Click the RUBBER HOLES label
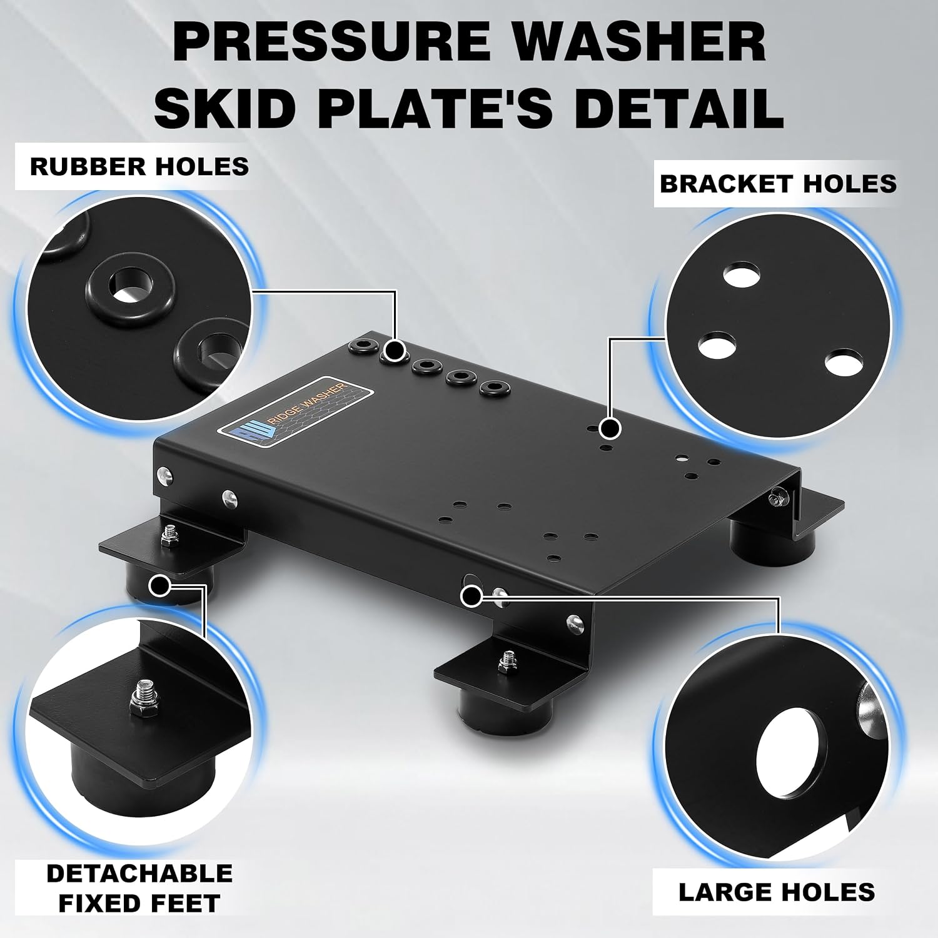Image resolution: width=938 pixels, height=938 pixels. pyautogui.click(x=139, y=166)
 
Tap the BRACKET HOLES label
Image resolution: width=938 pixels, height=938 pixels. pyautogui.click(x=778, y=184)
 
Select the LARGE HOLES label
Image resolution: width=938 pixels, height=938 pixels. pyautogui.click(x=777, y=892)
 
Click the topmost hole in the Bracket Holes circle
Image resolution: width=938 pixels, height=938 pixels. pyautogui.click(x=742, y=275)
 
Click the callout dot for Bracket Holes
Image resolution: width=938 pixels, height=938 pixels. pyautogui.click(x=609, y=428)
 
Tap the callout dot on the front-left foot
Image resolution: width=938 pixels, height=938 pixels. pyautogui.click(x=161, y=585)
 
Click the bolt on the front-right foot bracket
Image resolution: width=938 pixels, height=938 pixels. pyautogui.click(x=505, y=662)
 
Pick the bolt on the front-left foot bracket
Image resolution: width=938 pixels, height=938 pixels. pyautogui.click(x=169, y=535)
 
